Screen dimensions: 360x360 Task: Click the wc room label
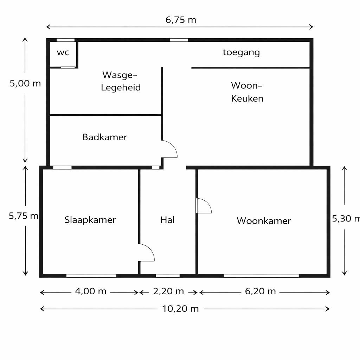63,53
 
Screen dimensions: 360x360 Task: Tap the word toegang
241,52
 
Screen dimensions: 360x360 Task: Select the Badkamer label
104,137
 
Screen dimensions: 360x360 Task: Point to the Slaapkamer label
90,220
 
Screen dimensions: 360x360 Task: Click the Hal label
167,220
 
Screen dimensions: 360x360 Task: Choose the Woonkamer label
264,221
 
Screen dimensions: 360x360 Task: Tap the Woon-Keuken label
247,92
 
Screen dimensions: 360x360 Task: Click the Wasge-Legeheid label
121,81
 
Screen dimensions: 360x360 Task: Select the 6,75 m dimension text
181,20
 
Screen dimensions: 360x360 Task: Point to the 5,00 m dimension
25,84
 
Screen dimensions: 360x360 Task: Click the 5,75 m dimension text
24,216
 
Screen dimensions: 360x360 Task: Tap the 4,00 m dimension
91,291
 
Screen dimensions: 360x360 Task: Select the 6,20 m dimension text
260,291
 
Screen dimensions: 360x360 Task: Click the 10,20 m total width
180,309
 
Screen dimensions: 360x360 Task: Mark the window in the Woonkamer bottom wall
261,276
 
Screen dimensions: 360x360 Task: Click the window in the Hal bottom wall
168,276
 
